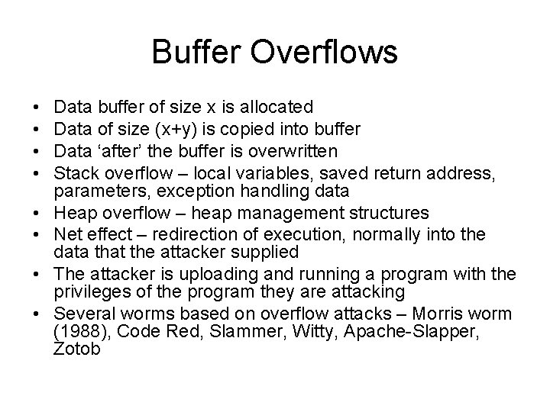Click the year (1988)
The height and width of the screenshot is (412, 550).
coord(79,333)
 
